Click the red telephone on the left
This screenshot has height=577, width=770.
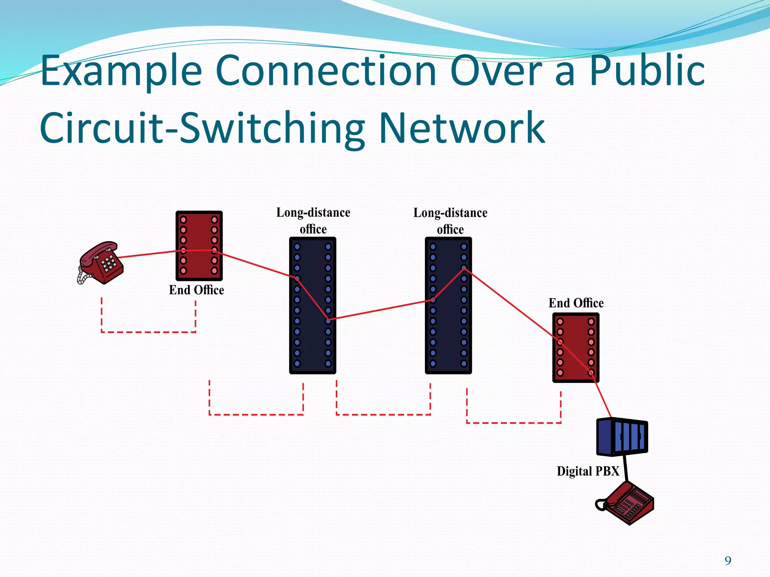pyautogui.click(x=101, y=263)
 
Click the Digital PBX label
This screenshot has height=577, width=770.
pyautogui.click(x=588, y=471)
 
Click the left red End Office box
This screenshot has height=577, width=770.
pyautogui.click(x=199, y=246)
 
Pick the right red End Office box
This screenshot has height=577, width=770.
pyautogui.click(x=575, y=347)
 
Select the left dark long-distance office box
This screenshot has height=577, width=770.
pyautogui.click(x=312, y=305)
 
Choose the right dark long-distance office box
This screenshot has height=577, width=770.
pyautogui.click(x=448, y=305)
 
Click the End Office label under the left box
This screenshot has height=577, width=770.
pyautogui.click(x=196, y=290)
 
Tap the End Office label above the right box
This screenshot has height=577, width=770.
pyautogui.click(x=576, y=303)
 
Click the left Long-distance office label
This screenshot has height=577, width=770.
pyautogui.click(x=313, y=221)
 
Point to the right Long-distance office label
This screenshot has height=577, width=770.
pyautogui.click(x=450, y=221)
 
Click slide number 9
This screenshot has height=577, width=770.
pyautogui.click(x=728, y=560)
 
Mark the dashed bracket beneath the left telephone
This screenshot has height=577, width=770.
pyautogui.click(x=149, y=332)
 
